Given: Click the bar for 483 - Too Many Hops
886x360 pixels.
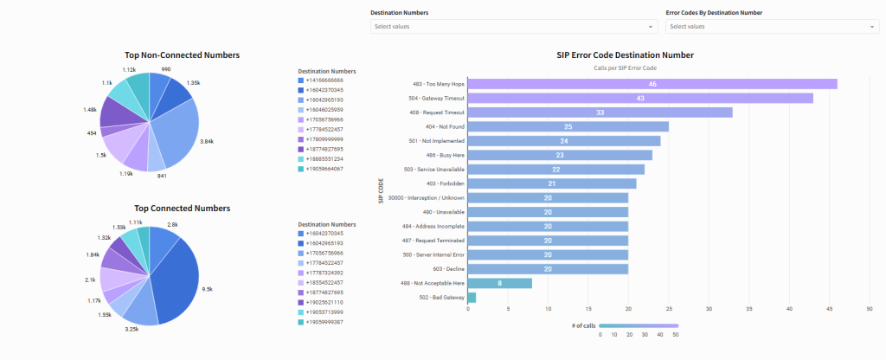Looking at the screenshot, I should click(x=652, y=84).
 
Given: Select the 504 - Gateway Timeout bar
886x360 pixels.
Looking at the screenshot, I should click(x=640, y=98).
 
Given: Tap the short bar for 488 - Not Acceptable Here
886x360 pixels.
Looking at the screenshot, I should click(x=499, y=283).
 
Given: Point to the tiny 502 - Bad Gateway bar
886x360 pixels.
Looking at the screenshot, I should click(x=472, y=298).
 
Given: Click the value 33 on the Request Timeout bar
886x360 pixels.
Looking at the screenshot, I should click(x=600, y=112).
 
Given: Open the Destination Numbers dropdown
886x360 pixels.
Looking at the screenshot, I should click(x=514, y=27).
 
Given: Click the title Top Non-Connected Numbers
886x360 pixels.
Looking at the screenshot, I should click(x=182, y=55).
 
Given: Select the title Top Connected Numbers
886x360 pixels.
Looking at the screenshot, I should click(x=182, y=209).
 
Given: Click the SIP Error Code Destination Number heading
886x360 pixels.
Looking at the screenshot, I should click(x=625, y=55).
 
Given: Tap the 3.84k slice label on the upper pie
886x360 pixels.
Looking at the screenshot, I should click(x=207, y=140).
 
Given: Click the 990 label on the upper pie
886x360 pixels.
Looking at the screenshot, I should click(x=165, y=69).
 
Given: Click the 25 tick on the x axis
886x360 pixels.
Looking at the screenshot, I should click(x=669, y=309).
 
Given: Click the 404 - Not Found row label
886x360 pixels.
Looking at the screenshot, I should click(x=442, y=126).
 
